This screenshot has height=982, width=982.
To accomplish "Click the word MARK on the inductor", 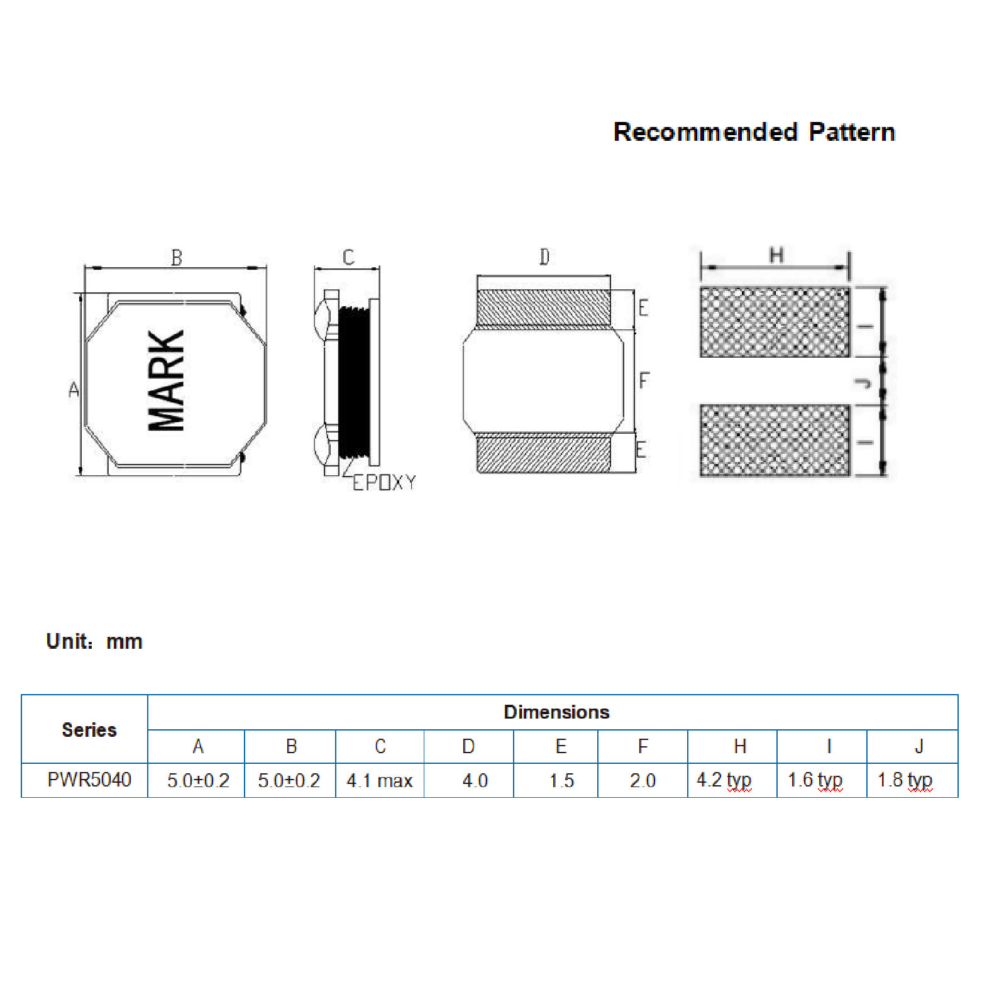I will coord(167,381).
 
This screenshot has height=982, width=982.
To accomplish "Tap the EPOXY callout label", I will coord(383,483).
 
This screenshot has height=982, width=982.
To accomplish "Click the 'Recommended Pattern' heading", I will coord(754,132).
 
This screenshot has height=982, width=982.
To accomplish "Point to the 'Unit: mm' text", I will coord(94,641).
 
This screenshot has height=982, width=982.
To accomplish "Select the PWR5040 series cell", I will coord(89,780).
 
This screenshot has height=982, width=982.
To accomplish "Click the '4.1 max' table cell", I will coord(380,781).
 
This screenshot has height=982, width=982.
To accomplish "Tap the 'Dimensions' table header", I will coord(556,712).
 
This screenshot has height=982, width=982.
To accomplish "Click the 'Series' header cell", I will coord(89,730).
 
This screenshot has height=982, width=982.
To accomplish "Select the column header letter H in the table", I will coord(740,747).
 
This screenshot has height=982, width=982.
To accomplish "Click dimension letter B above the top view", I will coord(177,258).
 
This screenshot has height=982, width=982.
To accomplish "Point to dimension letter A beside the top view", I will coord(74,390).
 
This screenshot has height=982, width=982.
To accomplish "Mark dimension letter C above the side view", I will coord(348,257).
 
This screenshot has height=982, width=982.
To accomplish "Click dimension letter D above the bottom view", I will coord(544,257).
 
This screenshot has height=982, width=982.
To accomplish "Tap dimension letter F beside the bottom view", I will coord(644,380).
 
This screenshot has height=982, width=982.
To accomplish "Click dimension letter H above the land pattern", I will coord(776,255).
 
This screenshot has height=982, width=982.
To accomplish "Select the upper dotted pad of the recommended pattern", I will coord(775,322).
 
